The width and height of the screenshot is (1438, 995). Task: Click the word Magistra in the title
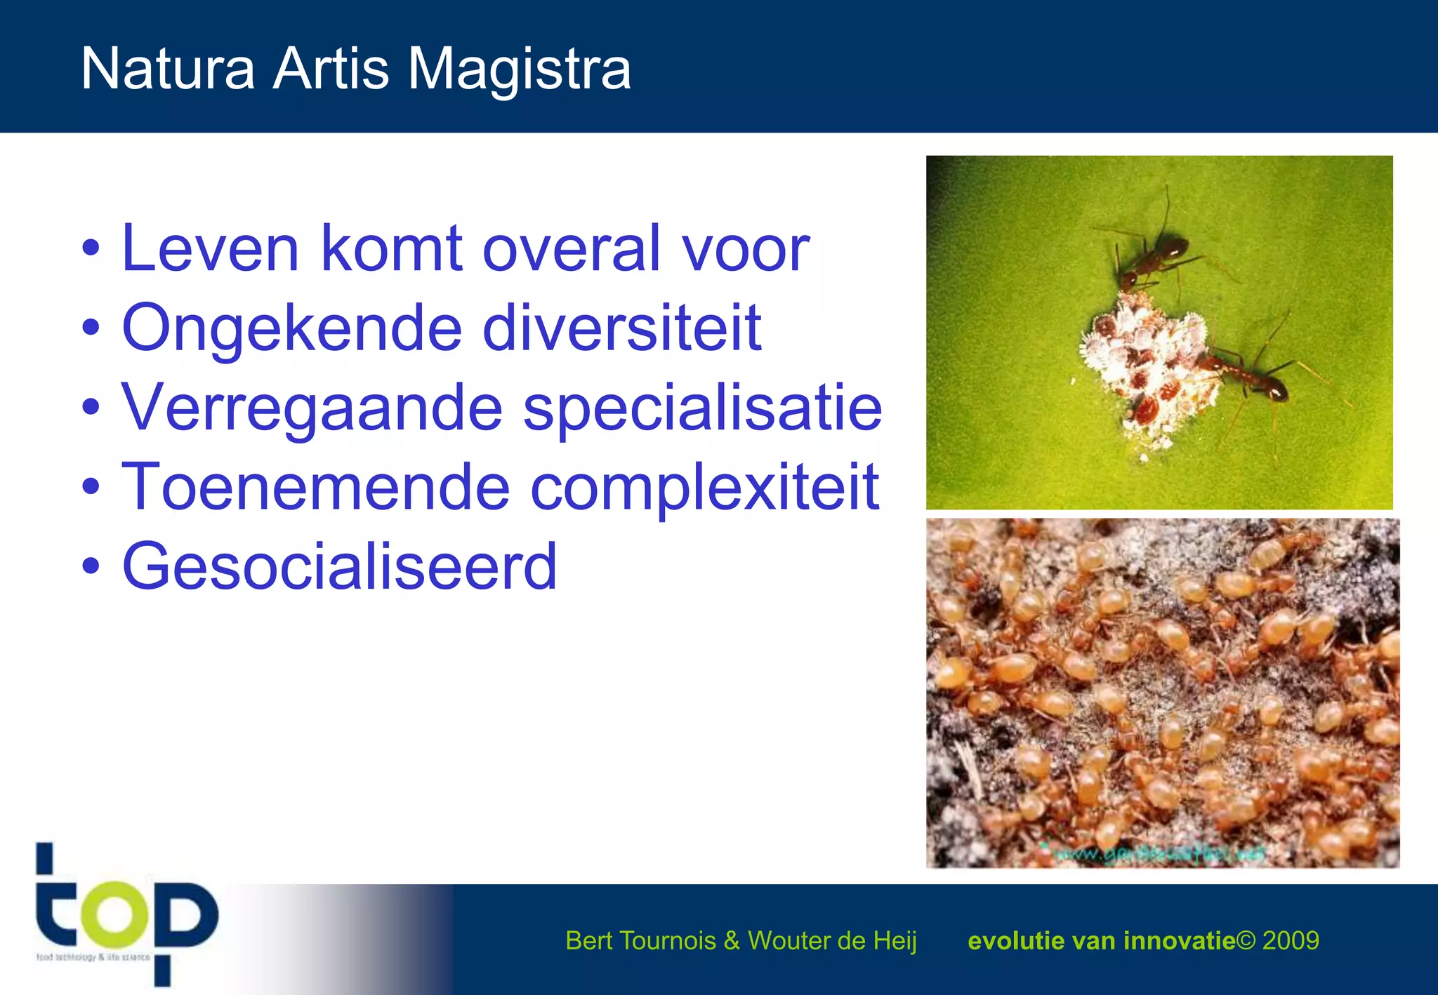click(x=519, y=69)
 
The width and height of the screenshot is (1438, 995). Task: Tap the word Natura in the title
click(x=168, y=69)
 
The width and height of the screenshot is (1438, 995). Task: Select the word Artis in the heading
click(x=331, y=69)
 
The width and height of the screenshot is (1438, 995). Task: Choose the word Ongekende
click(x=291, y=328)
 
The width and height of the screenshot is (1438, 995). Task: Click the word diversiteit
click(x=621, y=328)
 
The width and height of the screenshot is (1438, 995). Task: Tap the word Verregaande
click(x=312, y=408)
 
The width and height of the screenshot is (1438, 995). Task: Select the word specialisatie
click(x=702, y=408)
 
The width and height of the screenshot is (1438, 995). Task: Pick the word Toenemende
click(x=315, y=487)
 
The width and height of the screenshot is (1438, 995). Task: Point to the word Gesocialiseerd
click(x=340, y=566)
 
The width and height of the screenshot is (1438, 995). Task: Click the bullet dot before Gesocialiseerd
click(x=91, y=566)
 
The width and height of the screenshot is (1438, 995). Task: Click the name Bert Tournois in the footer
click(x=640, y=940)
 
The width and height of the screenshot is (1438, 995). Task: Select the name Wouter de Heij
click(x=832, y=940)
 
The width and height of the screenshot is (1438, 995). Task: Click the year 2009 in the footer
click(x=1291, y=940)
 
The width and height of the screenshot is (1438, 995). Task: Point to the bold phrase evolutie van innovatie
click(x=1101, y=940)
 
